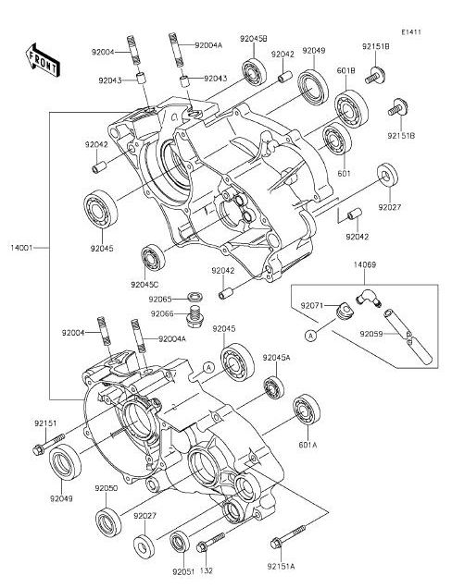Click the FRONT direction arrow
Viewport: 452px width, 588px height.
42,60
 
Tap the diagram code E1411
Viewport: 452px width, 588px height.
410,32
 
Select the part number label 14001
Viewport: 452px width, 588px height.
22,248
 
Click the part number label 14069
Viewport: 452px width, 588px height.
364,264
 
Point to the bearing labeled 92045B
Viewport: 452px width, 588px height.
255,71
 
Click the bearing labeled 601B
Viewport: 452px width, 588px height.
351,109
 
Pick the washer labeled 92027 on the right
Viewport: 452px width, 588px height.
387,176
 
